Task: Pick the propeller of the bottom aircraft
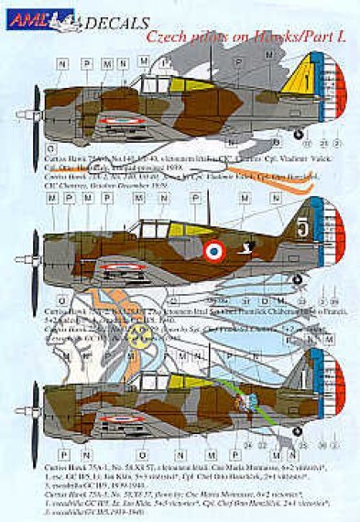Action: [33, 408]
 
